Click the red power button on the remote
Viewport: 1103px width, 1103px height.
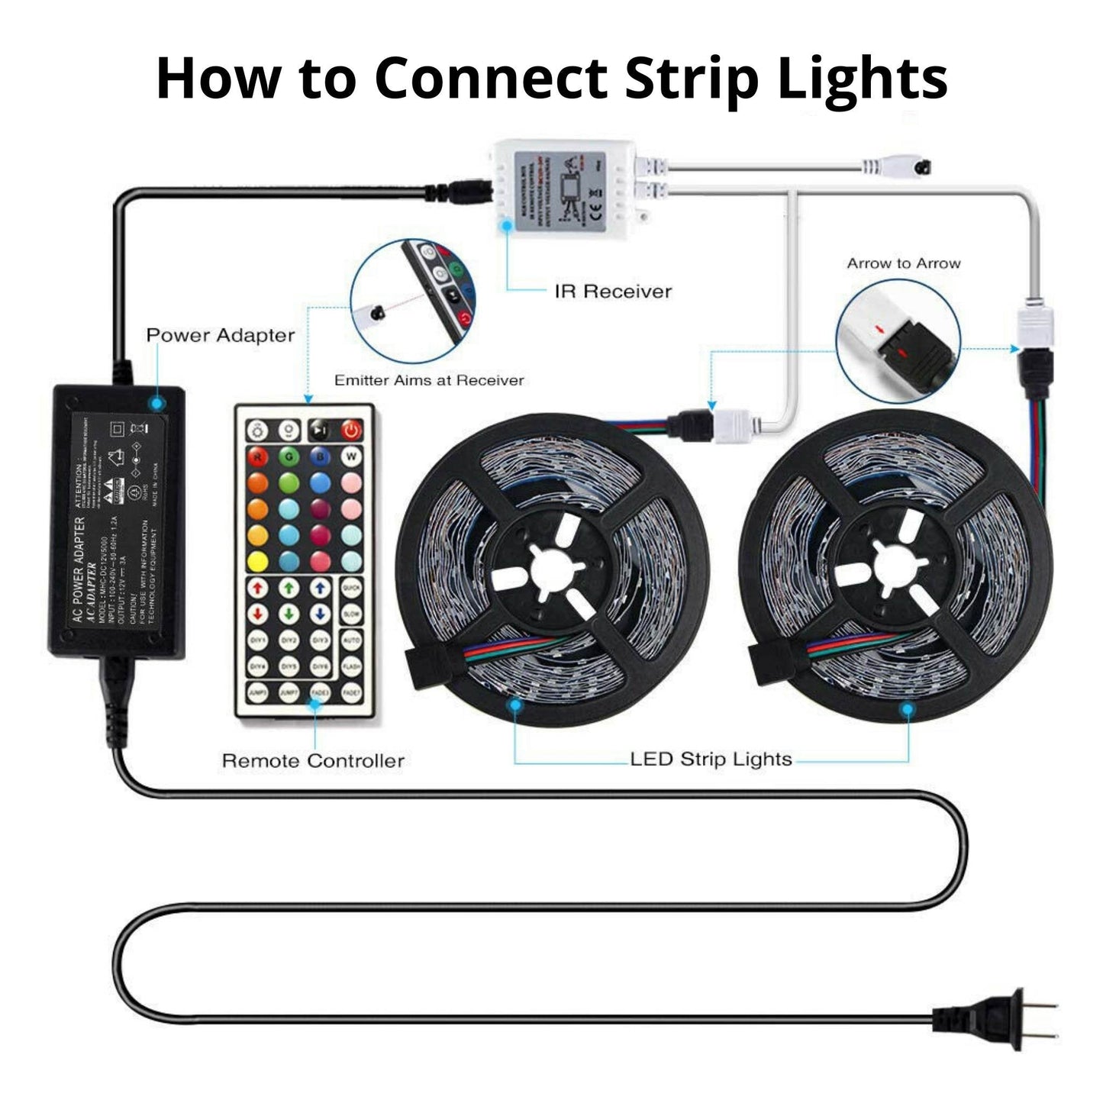coord(350,431)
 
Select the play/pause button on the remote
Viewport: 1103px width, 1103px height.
coord(320,431)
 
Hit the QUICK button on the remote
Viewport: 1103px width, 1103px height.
coord(351,589)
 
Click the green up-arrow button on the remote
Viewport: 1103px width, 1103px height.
coord(289,589)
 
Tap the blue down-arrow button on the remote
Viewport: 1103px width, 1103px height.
coord(320,614)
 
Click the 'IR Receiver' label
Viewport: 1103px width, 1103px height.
coord(613,291)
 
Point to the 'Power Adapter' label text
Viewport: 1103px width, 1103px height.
coord(220,335)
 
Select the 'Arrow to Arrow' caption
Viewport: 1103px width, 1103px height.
coord(903,263)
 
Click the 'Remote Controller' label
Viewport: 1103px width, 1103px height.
coord(313,760)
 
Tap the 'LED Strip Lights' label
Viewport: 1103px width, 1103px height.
coord(711,760)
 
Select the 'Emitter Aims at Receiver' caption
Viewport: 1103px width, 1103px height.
coord(429,380)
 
